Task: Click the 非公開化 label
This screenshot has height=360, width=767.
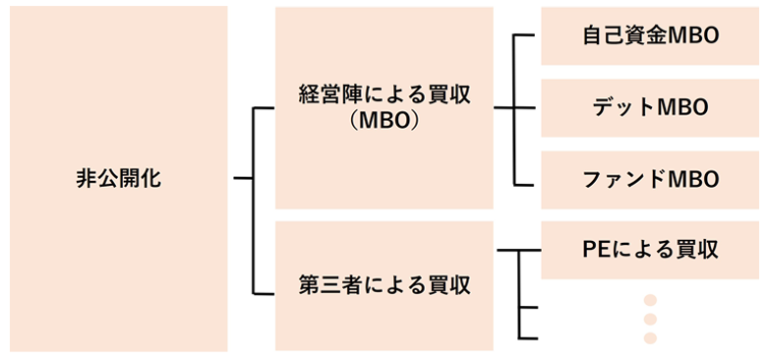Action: (117, 179)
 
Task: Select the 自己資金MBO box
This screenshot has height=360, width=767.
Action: (649, 36)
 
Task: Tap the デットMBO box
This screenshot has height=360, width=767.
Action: (649, 107)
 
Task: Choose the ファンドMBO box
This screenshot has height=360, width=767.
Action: (649, 179)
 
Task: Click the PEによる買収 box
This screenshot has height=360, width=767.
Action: (649, 250)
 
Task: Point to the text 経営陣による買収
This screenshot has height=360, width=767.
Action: (384, 95)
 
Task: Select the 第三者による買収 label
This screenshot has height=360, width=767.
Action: (384, 286)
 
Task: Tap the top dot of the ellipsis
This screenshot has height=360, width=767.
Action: (649, 299)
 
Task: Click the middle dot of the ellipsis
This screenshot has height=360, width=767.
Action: (649, 319)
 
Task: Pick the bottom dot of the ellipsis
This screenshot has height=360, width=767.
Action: (649, 338)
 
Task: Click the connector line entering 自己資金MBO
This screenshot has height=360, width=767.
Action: (526, 36)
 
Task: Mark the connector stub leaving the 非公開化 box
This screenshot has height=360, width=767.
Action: (242, 179)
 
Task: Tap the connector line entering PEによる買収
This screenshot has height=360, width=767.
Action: (521, 250)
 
